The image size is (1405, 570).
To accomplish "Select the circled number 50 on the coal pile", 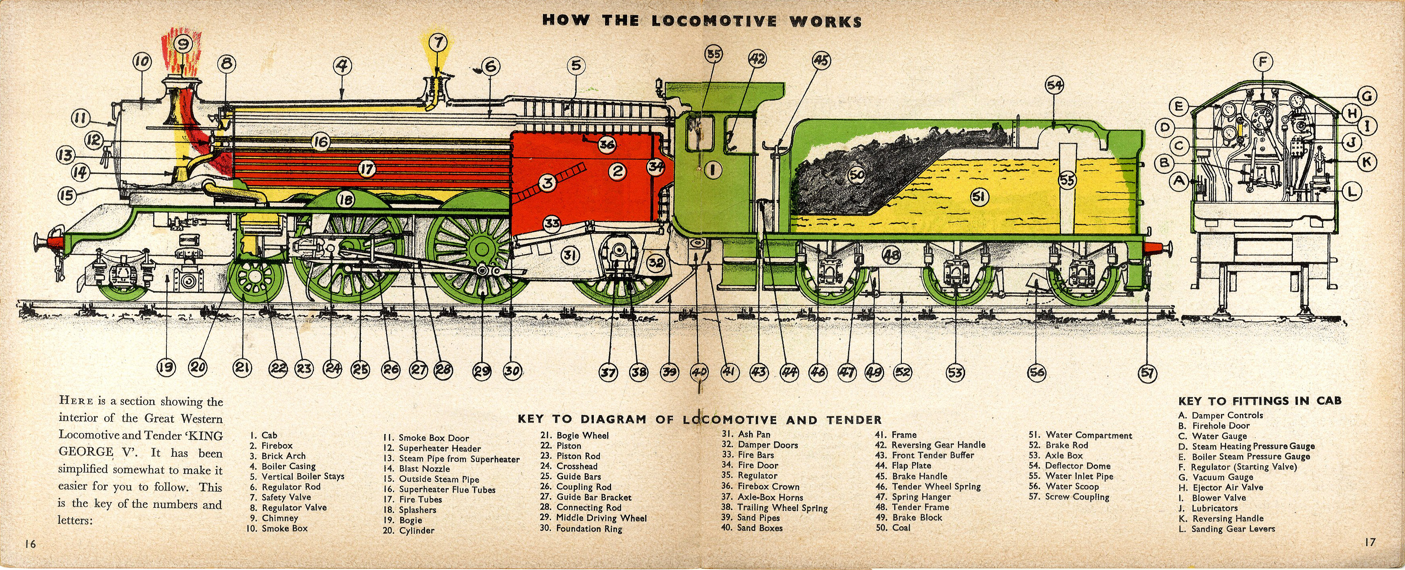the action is [x=857, y=174].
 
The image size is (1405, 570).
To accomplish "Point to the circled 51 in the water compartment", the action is [x=980, y=197].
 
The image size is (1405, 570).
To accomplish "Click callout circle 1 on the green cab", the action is [x=713, y=170].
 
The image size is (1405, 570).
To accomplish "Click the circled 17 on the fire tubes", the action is [x=366, y=169].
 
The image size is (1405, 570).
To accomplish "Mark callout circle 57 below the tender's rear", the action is [x=1148, y=373].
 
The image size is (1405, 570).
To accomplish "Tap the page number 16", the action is [x=30, y=544].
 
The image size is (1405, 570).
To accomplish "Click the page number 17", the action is [x=1370, y=542].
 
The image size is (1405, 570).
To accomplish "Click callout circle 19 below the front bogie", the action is [x=166, y=367].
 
